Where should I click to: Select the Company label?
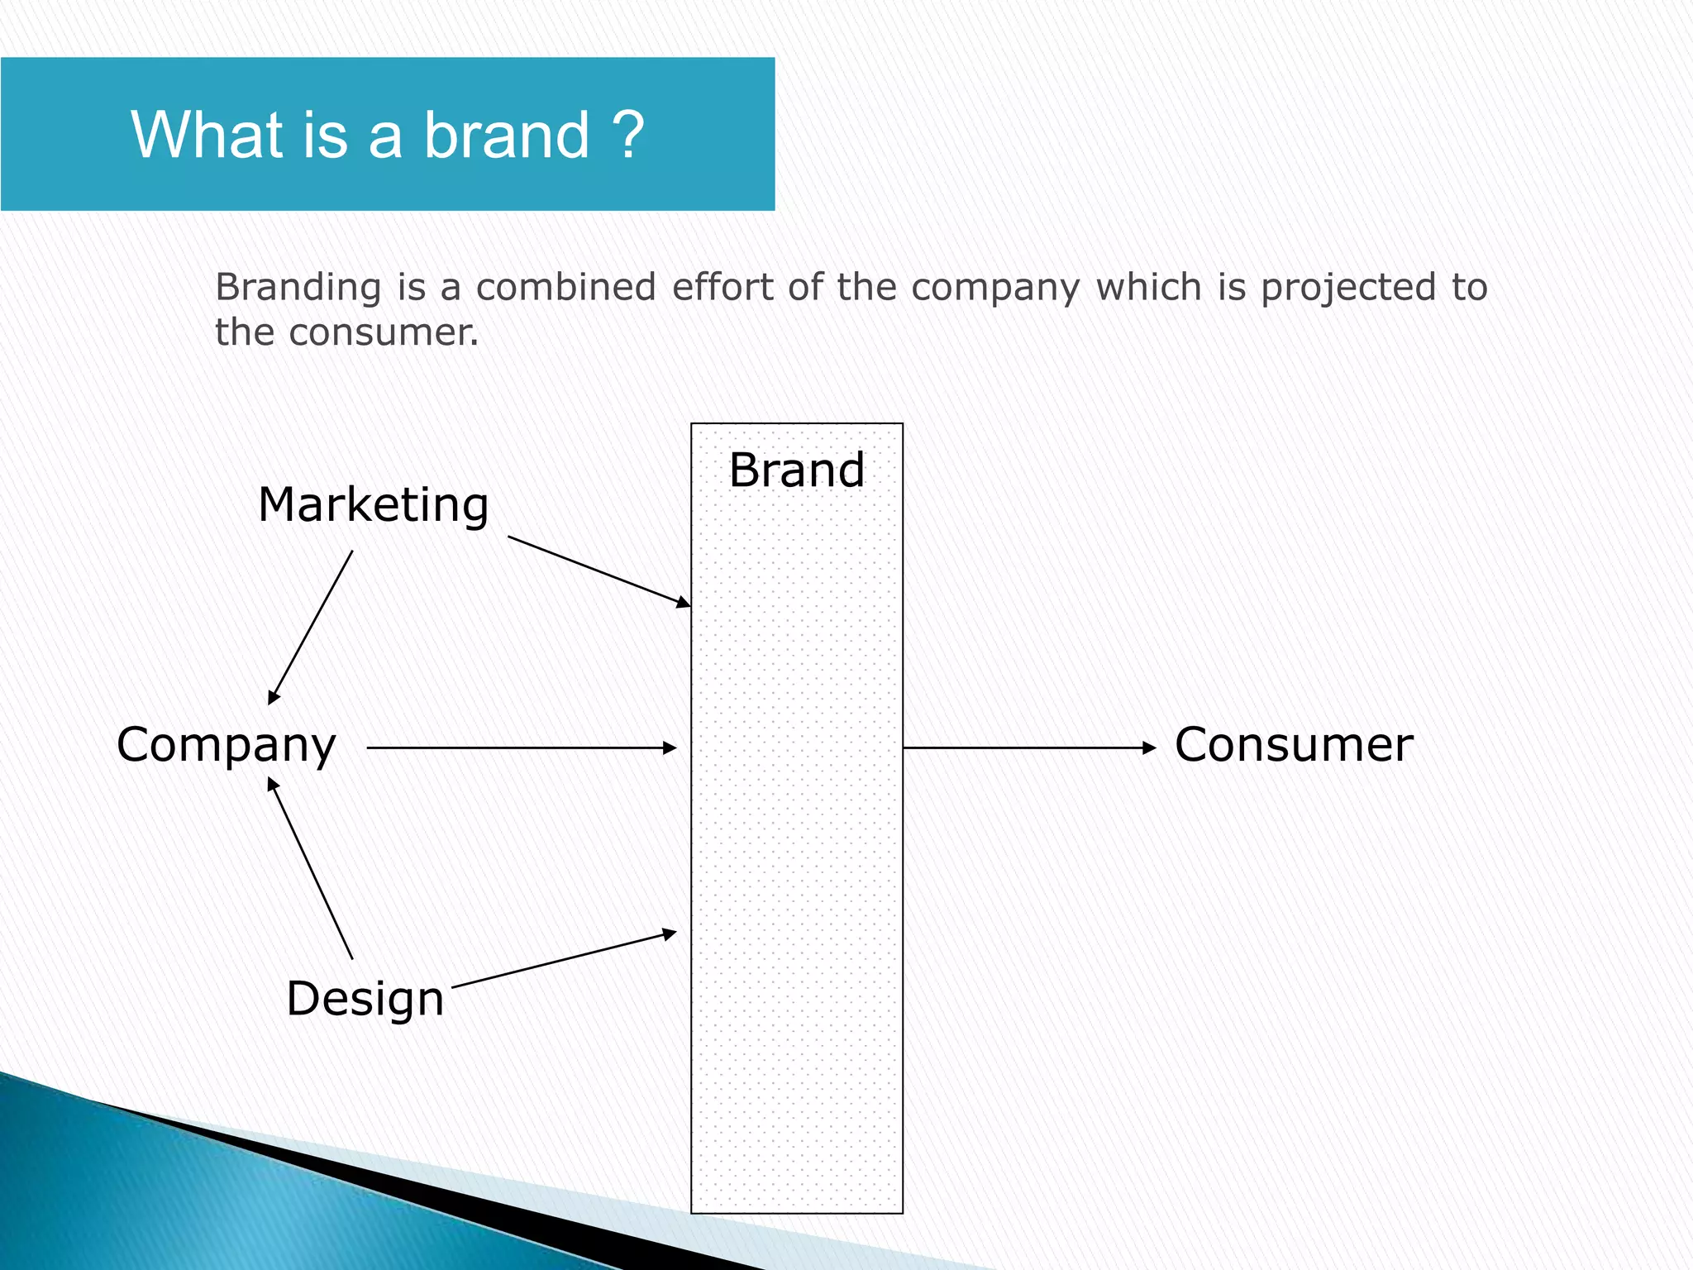pyautogui.click(x=226, y=745)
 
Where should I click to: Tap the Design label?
pyautogui.click(x=365, y=998)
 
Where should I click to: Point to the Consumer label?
pyautogui.click(x=1293, y=745)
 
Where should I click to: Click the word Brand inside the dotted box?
pyautogui.click(x=796, y=470)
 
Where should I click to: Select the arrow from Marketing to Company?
pyautogui.click(x=311, y=627)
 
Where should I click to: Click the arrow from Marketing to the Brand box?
pyautogui.click(x=599, y=571)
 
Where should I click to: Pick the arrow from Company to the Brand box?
pyautogui.click(x=521, y=747)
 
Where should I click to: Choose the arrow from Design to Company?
pyautogui.click(x=311, y=868)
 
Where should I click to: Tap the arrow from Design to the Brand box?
pyautogui.click(x=564, y=960)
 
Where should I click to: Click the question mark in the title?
pyautogui.click(x=628, y=135)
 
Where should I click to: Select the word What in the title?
pyautogui.click(x=207, y=135)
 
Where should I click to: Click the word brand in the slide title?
pyautogui.click(x=507, y=135)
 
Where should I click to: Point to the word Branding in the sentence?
pyautogui.click(x=298, y=288)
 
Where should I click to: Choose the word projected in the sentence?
pyautogui.click(x=1348, y=288)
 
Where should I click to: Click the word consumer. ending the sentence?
pyautogui.click(x=383, y=332)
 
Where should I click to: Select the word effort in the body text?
pyautogui.click(x=723, y=288)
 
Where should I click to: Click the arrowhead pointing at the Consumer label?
pyautogui.click(x=1149, y=747)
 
